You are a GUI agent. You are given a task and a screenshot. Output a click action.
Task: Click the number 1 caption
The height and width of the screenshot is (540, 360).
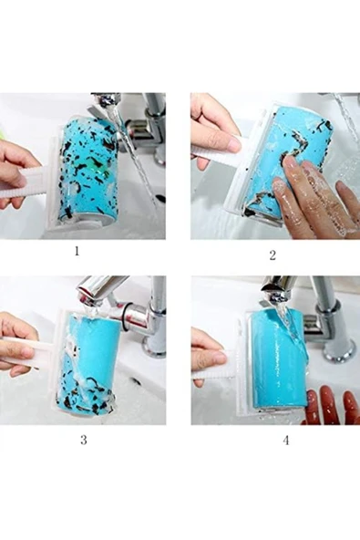[77, 251]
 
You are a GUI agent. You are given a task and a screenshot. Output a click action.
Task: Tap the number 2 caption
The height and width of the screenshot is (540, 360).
[273, 255]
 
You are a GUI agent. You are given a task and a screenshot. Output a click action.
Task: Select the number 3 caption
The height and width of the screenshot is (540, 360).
[84, 440]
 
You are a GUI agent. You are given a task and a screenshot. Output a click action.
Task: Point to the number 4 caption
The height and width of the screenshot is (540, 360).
[286, 441]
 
